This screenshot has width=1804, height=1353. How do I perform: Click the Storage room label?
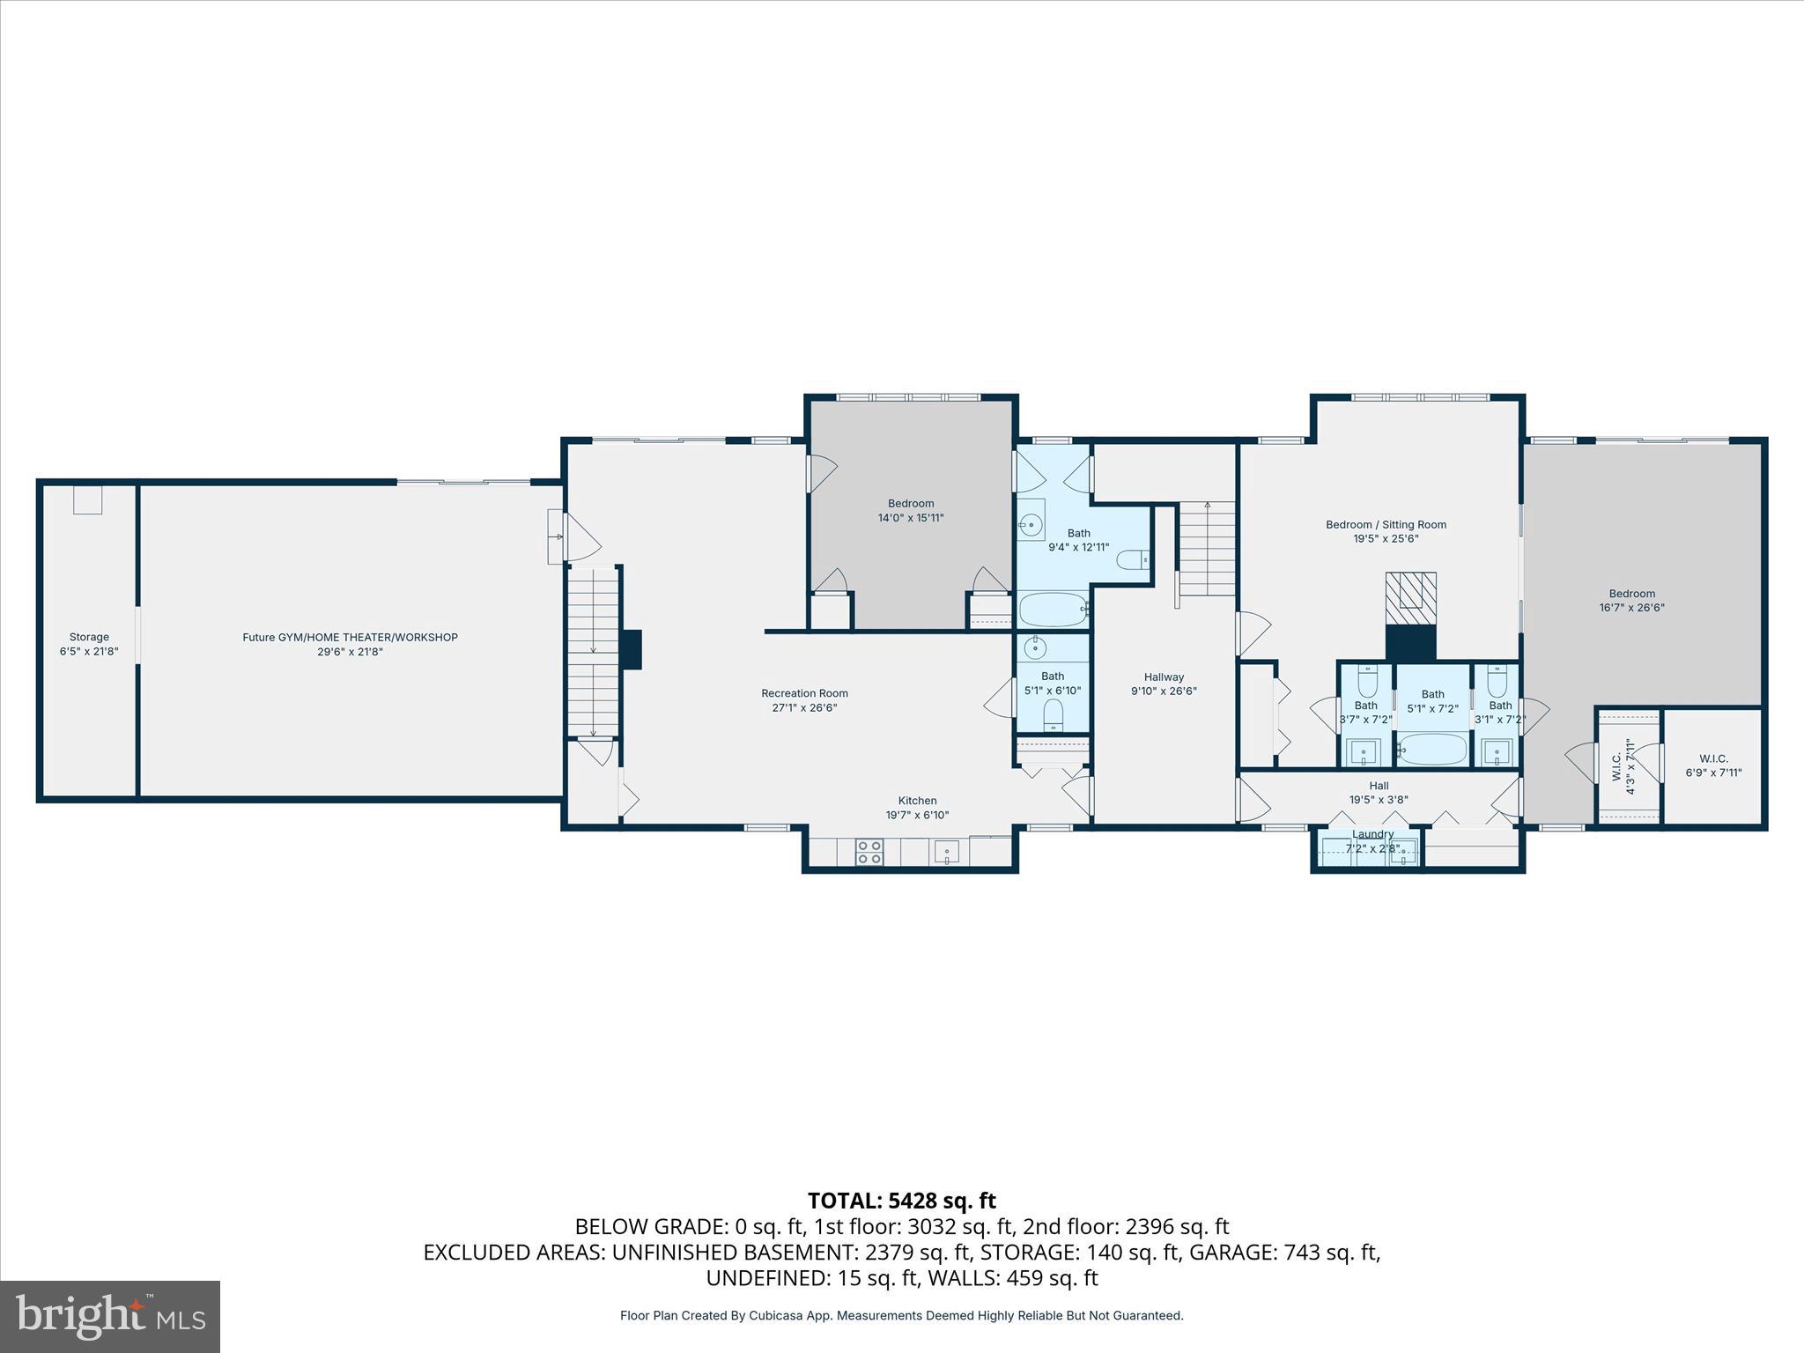pos(89,644)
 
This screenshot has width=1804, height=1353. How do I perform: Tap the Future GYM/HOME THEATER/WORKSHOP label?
pos(350,644)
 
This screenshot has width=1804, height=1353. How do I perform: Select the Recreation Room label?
pos(804,700)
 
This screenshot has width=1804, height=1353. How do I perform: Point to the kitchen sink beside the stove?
pos(947,852)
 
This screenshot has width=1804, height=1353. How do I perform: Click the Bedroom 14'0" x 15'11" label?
pos(911,511)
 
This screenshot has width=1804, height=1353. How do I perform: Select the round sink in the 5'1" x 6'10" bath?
pos(1035,650)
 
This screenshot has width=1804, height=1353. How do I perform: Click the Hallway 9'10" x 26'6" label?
pos(1164,684)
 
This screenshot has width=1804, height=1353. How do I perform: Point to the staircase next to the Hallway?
pos(1208,549)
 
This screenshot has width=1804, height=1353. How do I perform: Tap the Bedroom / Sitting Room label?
pos(1386,531)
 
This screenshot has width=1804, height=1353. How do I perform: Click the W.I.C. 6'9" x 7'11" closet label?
pos(1713,765)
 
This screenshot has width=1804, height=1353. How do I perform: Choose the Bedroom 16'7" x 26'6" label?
pos(1631,600)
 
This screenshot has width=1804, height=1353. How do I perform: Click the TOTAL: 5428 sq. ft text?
pos(901,1201)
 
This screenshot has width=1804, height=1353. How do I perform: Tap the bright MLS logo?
pos(110,1316)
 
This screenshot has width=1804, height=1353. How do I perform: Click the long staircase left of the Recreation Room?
pos(593,652)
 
